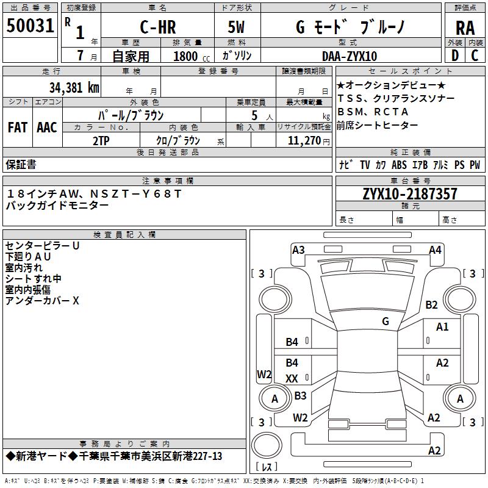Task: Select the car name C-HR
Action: (x=157, y=28)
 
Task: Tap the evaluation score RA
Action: (x=465, y=28)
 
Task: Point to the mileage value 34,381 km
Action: (x=74, y=87)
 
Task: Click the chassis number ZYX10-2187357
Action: (x=410, y=195)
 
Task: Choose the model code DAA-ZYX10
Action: (x=350, y=56)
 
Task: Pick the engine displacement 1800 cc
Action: (x=187, y=56)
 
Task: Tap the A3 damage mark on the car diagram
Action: (x=298, y=249)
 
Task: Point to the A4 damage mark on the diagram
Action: (x=435, y=249)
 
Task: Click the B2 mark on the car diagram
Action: (x=432, y=304)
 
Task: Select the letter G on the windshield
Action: (x=386, y=321)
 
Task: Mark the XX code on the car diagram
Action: (x=292, y=379)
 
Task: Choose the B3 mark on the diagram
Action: (x=300, y=396)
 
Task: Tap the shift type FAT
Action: (x=17, y=127)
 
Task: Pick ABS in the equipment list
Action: (x=399, y=165)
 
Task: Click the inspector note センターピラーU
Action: (x=42, y=245)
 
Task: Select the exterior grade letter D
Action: (x=454, y=56)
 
